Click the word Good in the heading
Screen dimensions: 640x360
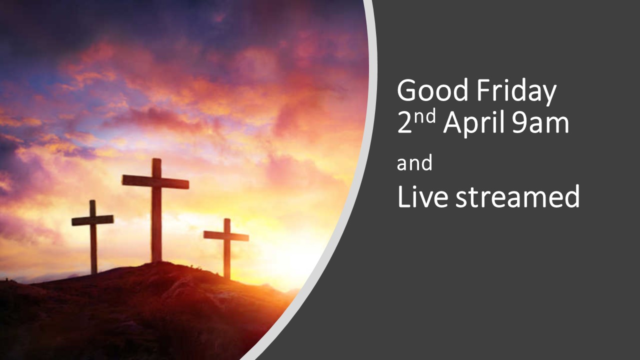tap(433, 90)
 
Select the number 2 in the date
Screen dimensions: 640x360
tap(404, 122)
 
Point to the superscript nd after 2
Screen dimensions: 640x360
tap(424, 116)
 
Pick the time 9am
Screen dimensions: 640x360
tap(540, 123)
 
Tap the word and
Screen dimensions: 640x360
tap(414, 162)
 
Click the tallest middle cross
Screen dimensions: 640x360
tap(156, 210)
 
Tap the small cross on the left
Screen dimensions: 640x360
tap(93, 236)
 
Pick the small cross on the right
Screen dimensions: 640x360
tap(226, 248)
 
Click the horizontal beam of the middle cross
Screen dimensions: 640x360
tap(155, 181)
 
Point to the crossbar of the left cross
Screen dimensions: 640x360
tap(92, 220)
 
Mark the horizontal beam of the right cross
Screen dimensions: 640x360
tap(226, 236)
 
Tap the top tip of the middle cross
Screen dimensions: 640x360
tap(156, 158)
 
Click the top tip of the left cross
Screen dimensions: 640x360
tap(92, 200)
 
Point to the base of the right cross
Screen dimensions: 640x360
tap(227, 277)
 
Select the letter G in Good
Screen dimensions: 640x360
tap(406, 90)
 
